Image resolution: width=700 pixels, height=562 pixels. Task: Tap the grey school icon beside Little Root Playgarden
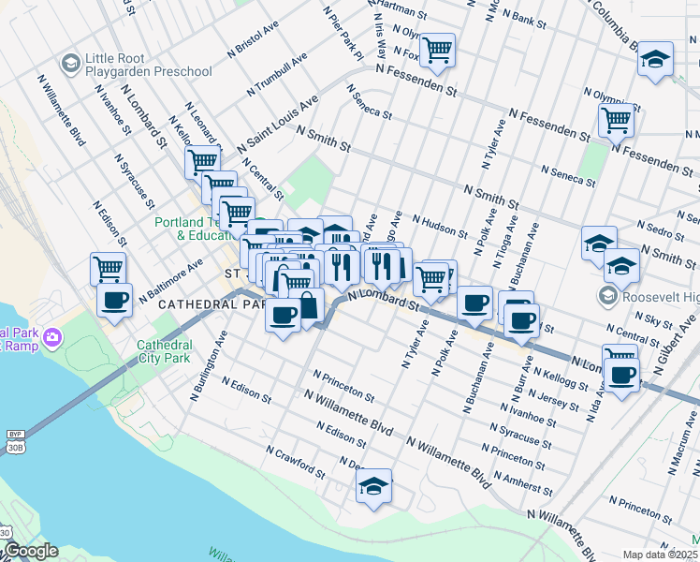click(x=69, y=64)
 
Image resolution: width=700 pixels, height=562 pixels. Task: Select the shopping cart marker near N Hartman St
click(x=437, y=51)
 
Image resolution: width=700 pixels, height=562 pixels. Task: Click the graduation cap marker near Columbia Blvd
click(x=655, y=58)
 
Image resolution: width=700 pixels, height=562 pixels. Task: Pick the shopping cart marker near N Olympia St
click(x=616, y=120)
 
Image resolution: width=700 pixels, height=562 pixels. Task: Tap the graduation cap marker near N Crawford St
click(x=373, y=485)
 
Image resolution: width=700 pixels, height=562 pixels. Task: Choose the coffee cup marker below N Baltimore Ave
click(x=115, y=301)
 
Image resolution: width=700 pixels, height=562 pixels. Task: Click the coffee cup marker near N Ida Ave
click(x=620, y=376)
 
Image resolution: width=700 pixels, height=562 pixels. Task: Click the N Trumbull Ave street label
click(x=278, y=73)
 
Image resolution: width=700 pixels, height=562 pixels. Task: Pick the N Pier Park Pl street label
click(x=342, y=35)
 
